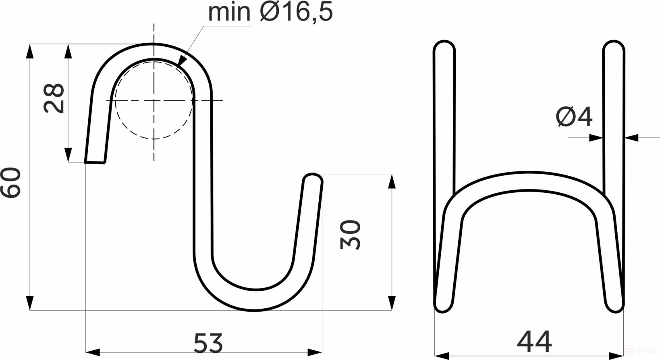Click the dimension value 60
coord(11,183)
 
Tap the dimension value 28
coord(54,98)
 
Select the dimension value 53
coord(208,343)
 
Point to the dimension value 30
coord(350,235)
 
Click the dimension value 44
coord(534,341)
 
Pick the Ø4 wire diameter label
coord(574,117)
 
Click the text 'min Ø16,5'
coord(270,12)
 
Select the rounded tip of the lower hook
coord(312,177)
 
